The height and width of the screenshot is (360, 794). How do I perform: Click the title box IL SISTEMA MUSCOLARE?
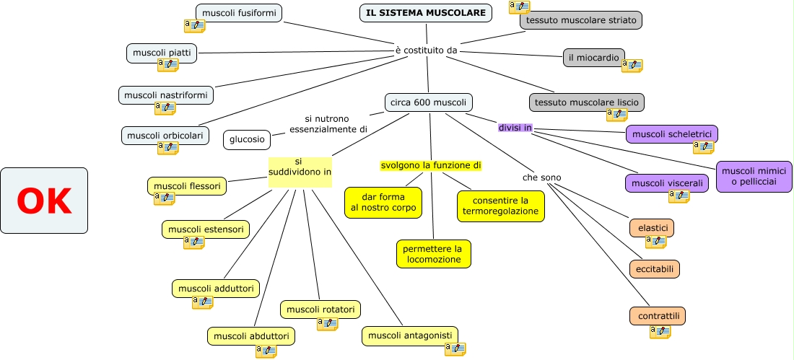click(426, 13)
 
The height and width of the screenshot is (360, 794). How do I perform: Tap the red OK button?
click(44, 201)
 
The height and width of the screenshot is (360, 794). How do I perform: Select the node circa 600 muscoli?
click(429, 102)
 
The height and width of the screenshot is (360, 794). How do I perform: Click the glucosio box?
click(247, 139)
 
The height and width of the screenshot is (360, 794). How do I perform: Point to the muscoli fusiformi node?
click(238, 13)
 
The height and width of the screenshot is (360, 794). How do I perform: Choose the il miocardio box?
click(593, 58)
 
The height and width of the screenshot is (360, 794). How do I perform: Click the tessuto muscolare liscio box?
click(586, 102)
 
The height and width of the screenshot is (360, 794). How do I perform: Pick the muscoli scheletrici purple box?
click(671, 134)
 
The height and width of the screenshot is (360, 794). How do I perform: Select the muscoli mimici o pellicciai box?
click(754, 176)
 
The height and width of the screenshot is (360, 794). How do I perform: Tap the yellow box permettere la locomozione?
click(433, 254)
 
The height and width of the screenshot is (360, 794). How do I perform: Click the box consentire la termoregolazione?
click(500, 206)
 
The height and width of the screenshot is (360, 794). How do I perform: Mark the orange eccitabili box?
click(655, 269)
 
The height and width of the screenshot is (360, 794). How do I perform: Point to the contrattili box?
click(657, 316)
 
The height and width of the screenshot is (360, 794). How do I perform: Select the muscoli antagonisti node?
click(409, 335)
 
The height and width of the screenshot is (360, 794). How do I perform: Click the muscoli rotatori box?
click(320, 309)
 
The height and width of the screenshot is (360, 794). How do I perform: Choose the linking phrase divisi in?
click(515, 128)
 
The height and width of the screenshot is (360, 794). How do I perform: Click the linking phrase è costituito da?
click(427, 51)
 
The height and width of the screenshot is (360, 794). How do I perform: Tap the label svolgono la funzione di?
click(430, 165)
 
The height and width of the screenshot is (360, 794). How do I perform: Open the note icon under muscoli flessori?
click(164, 198)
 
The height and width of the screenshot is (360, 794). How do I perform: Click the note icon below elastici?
click(655, 242)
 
